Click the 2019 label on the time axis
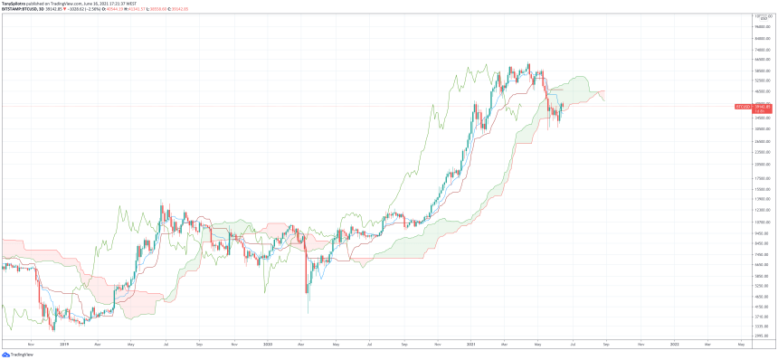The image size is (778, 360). click(x=64, y=344)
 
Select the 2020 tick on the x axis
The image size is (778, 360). click(x=268, y=344)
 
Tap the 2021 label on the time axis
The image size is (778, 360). click(x=471, y=344)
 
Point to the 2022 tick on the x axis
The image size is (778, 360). click(x=675, y=344)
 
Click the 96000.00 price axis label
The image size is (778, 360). click(x=761, y=27)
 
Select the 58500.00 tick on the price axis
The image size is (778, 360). click(x=761, y=70)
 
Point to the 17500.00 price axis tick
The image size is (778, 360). click(x=761, y=177)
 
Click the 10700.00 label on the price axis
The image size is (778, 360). click(x=761, y=222)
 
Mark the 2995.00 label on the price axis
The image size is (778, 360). click(x=761, y=334)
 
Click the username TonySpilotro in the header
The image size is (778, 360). click(x=17, y=4)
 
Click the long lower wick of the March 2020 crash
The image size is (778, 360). click(x=308, y=303)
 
